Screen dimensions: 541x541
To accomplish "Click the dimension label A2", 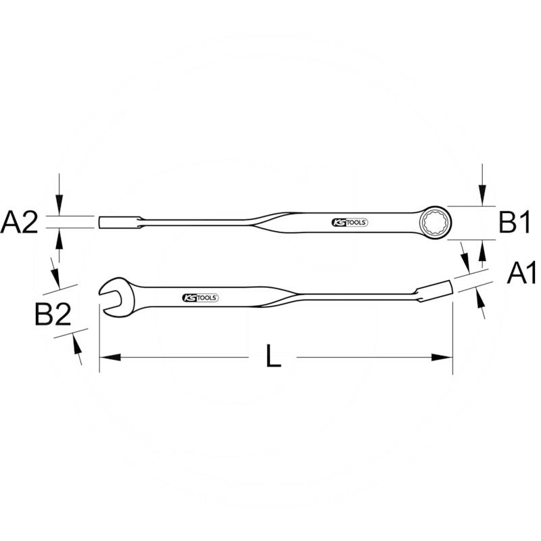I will (x=20, y=222).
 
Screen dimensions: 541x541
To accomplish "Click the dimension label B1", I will (x=513, y=222).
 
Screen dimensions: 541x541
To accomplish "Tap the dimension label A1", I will (x=521, y=274).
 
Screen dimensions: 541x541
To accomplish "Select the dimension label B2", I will (x=53, y=315).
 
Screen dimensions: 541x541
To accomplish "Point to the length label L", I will (x=273, y=357).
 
